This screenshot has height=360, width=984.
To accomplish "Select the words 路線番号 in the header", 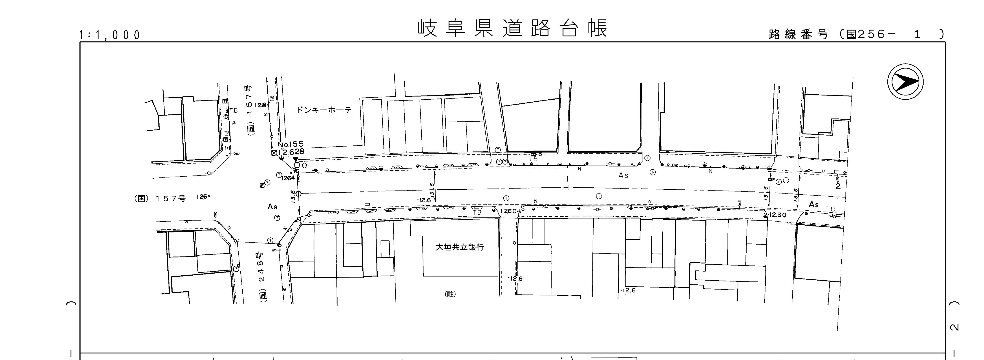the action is click(798, 34).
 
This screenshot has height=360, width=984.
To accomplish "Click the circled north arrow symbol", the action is click(905, 82).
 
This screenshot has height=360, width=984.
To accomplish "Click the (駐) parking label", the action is click(450, 294).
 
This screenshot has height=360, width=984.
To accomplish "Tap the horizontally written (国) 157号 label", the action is click(160, 199).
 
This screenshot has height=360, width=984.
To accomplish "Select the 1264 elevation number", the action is click(288, 178).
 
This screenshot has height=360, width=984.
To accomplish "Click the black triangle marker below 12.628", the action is click(295, 159).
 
